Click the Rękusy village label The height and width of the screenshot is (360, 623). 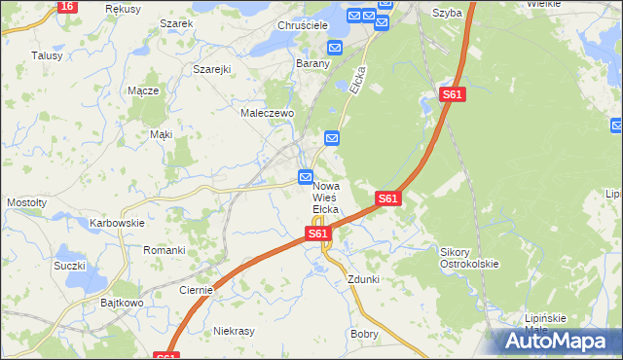pos(124,8)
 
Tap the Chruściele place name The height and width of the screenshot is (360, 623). pos(303,25)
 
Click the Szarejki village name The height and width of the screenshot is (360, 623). pos(211,70)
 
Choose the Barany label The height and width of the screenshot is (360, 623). pos(313,64)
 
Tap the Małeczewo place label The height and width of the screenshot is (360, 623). pos(268,113)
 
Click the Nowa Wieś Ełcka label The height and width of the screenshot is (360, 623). pos(325,197)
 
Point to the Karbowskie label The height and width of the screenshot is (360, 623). pos(117,223)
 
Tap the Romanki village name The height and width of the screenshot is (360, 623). pos(165,250)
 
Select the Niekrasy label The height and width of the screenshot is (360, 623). pos(234,331)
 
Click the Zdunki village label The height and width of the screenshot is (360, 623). pos(363,279)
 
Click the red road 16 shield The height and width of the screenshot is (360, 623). pos(66,6)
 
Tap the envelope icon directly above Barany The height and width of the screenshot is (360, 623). pos(335,47)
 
